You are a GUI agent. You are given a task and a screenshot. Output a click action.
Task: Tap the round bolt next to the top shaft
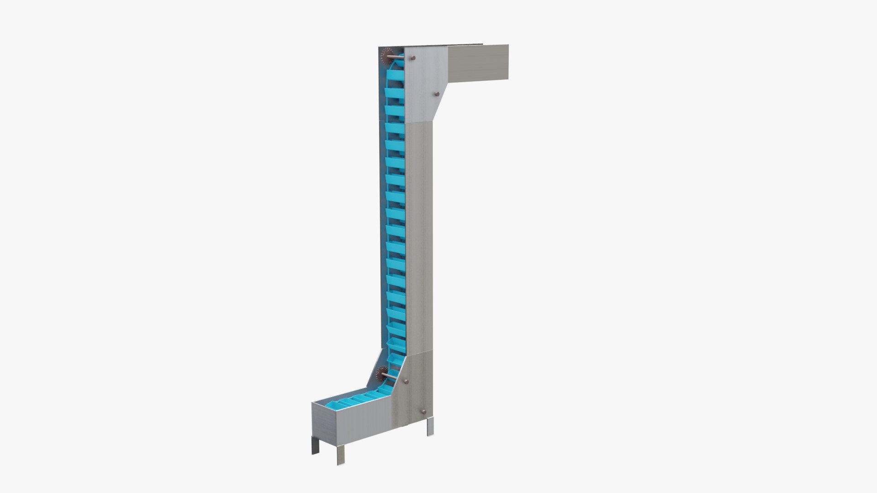[x=413, y=58]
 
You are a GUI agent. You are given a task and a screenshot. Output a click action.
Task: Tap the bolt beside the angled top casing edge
[x=436, y=94]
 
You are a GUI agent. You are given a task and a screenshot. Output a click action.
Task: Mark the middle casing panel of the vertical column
[x=417, y=237]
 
